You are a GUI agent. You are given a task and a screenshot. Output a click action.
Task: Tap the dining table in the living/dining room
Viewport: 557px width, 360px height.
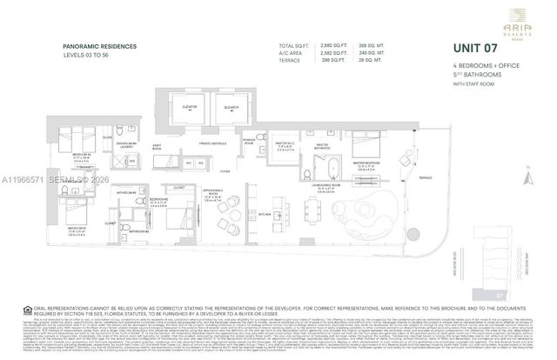pos(336,214)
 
